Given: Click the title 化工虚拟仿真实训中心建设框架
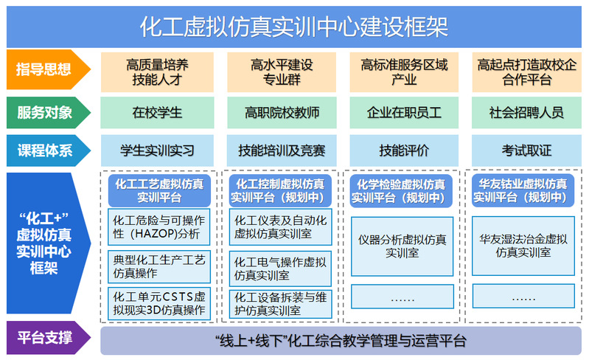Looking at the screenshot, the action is (x=293, y=27).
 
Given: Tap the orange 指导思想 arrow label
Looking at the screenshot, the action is (x=48, y=69).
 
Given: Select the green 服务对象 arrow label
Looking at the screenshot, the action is (x=48, y=113).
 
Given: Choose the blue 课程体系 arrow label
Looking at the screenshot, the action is (x=48, y=150).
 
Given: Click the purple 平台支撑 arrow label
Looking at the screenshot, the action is (x=48, y=337).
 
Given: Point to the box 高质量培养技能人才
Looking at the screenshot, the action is (x=157, y=72).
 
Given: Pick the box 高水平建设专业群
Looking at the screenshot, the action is (x=282, y=72).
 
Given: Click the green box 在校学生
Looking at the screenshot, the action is (x=157, y=113).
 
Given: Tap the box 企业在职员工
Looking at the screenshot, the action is (x=404, y=113).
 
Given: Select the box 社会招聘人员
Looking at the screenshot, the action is (x=526, y=113).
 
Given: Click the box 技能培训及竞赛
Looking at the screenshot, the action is (x=282, y=150).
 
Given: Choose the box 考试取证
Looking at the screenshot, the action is (x=526, y=150).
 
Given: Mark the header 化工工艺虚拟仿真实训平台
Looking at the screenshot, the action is (x=159, y=190).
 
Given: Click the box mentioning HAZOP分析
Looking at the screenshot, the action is (x=159, y=227).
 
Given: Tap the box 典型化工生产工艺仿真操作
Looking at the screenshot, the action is (x=159, y=266).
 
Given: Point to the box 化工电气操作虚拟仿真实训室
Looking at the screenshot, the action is (x=280, y=269).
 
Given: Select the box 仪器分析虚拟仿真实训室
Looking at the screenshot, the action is (x=402, y=246).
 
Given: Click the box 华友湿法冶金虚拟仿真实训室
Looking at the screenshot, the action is (x=523, y=246).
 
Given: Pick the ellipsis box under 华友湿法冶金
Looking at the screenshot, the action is (x=523, y=296).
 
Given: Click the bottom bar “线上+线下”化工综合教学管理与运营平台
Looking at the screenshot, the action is (x=341, y=341).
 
